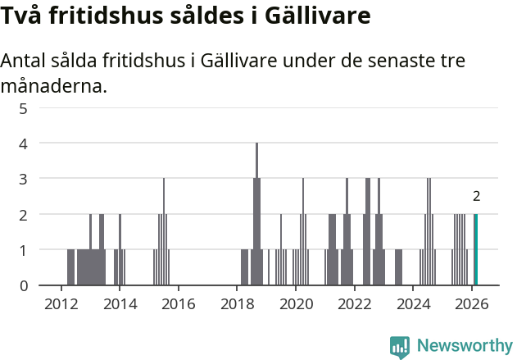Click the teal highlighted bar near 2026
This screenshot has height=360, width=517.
475,249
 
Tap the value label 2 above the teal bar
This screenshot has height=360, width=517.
476,196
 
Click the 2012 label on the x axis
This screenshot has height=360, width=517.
61,303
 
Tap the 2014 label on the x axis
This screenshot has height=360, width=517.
120,303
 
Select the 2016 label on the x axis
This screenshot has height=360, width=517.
178,303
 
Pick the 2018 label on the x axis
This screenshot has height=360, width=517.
237,303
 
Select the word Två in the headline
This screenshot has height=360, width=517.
22,16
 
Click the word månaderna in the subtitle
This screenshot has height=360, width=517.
54,85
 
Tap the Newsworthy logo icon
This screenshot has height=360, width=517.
400,347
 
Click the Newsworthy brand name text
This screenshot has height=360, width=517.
464,346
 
